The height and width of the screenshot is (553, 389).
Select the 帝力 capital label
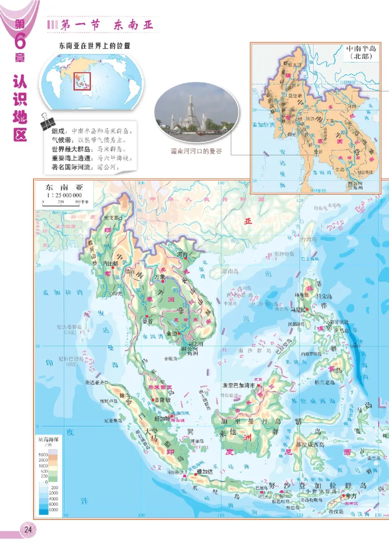tap(351, 496)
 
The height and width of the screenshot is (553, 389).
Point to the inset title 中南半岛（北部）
tap(361, 52)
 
